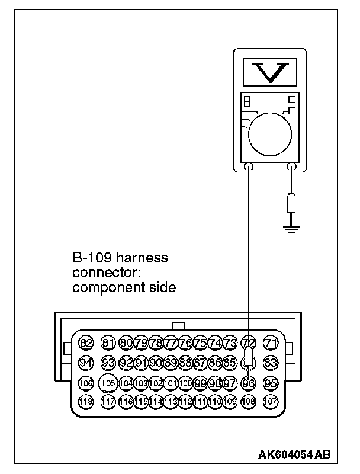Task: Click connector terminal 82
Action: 86,342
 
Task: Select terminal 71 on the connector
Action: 271,342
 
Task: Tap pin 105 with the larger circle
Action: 108,383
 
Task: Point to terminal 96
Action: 249,383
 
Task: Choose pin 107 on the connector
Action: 271,401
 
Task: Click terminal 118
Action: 86,401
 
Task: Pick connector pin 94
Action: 86,363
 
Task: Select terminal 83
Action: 271,363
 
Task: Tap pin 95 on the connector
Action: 271,383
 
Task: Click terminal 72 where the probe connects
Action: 249,342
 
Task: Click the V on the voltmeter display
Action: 270,71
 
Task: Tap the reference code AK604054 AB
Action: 294,454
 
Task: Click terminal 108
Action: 249,401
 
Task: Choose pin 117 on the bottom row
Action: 108,401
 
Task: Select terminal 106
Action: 86,383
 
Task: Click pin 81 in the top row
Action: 108,342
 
